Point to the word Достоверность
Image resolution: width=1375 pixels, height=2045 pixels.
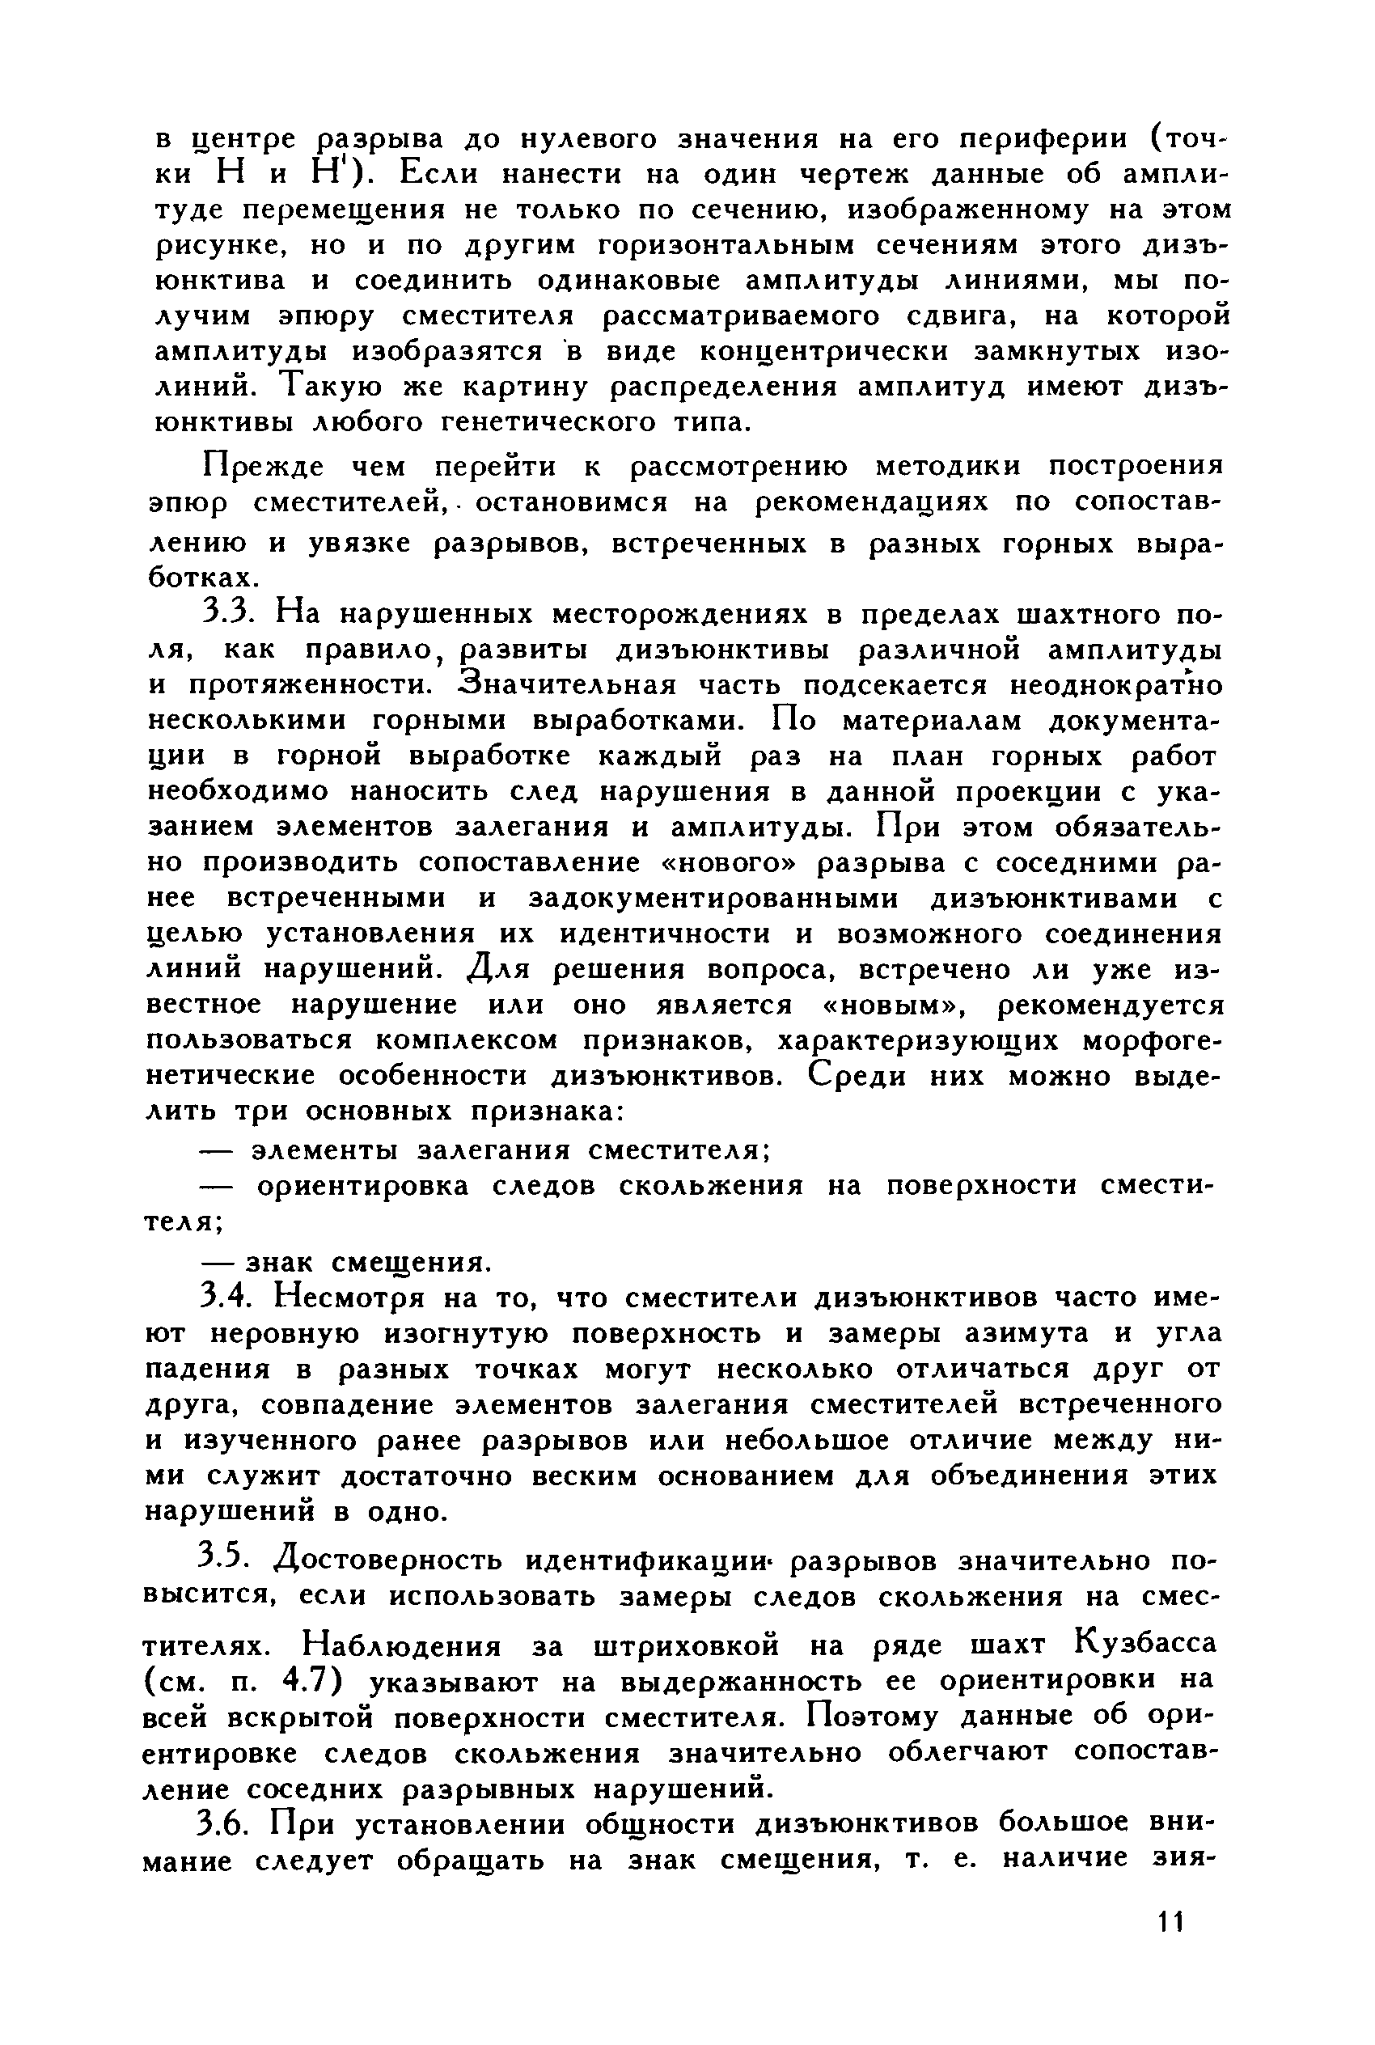tap(389, 1561)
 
